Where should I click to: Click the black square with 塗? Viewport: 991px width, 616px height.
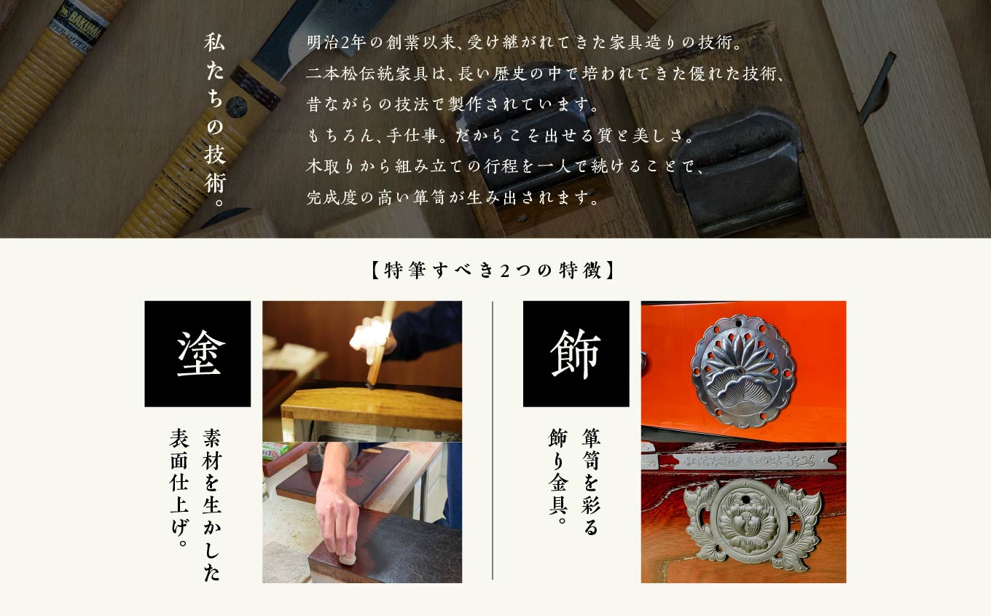(x=197, y=354)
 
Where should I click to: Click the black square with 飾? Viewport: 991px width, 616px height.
(x=576, y=354)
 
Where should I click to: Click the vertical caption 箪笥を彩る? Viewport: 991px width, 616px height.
(x=590, y=481)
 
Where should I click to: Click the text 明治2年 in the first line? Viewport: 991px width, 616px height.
(x=335, y=43)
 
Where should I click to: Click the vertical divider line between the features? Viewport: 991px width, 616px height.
(x=493, y=440)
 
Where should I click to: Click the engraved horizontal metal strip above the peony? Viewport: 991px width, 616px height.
(x=743, y=461)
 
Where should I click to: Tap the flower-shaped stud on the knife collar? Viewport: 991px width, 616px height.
(x=236, y=107)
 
